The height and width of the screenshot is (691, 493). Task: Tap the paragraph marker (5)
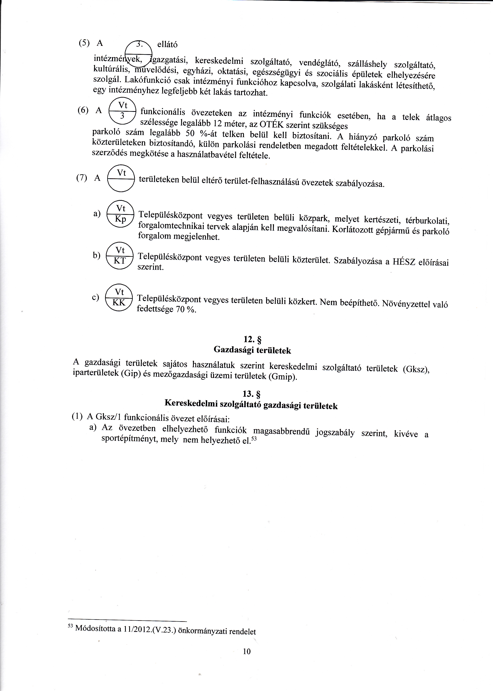84,43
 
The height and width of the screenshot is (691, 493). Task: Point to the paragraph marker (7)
82,178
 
